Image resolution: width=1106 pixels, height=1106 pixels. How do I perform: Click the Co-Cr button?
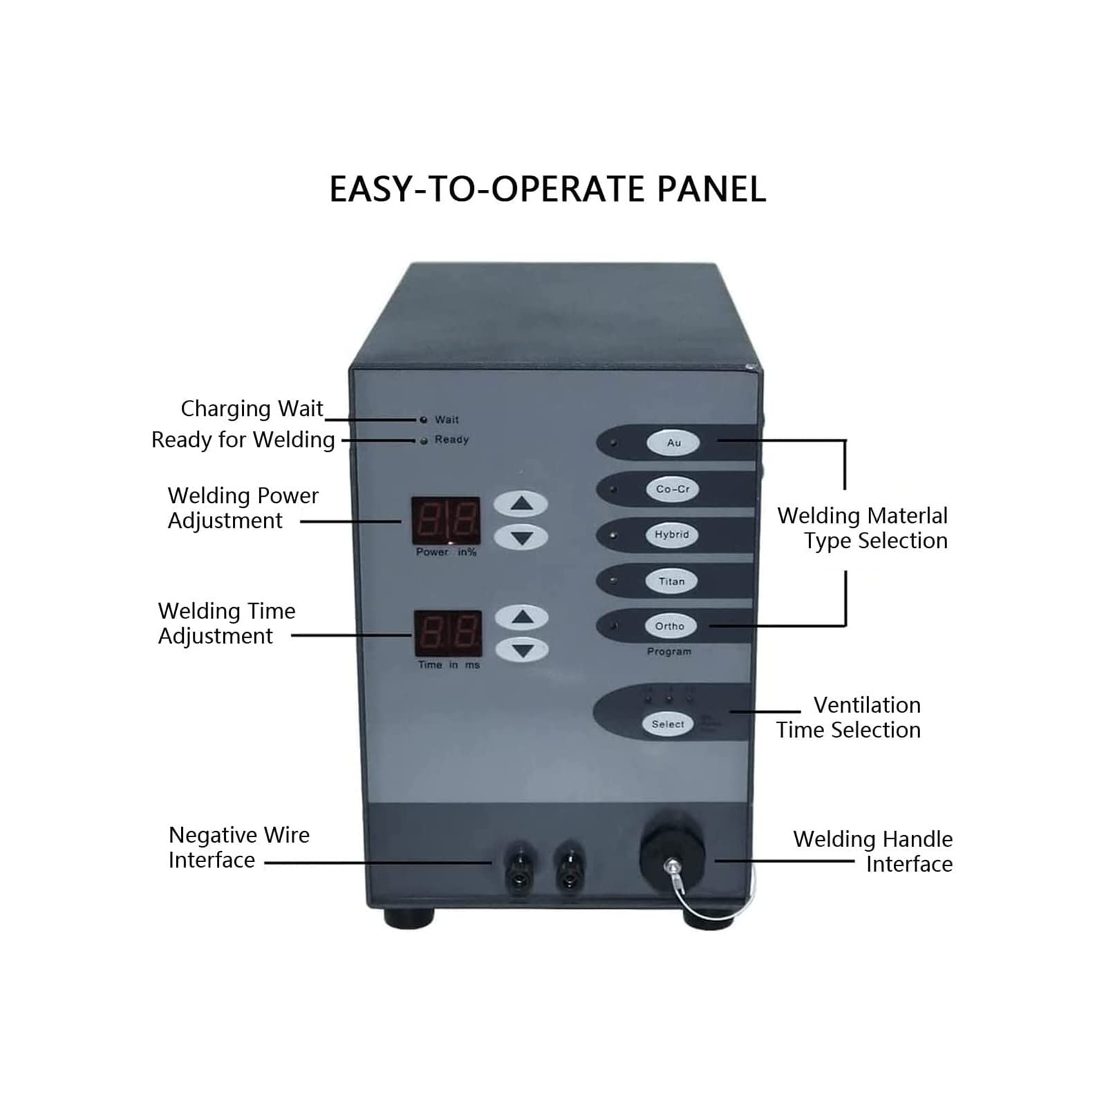click(672, 489)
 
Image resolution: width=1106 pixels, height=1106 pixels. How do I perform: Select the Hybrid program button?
click(671, 535)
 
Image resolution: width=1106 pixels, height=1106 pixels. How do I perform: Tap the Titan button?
click(671, 581)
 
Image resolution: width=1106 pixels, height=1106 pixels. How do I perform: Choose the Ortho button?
click(669, 626)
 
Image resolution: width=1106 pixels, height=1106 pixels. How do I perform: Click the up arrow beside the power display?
click(521, 504)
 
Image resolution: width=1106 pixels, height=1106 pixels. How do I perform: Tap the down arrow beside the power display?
click(521, 537)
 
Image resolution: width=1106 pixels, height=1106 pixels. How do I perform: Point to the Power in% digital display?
click(446, 520)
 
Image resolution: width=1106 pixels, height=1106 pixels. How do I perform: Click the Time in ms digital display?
click(448, 633)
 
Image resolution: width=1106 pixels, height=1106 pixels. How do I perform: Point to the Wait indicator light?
click(423, 419)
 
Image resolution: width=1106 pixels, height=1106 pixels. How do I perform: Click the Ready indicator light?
click(423, 440)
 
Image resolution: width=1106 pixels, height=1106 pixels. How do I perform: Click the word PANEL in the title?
click(711, 189)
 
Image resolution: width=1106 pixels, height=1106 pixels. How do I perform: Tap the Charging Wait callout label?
click(251, 408)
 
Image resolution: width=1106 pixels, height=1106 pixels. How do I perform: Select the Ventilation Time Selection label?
click(848, 717)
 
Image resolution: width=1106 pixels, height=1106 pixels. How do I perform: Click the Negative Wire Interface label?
click(239, 847)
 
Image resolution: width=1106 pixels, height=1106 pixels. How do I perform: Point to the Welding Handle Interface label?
click(873, 851)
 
